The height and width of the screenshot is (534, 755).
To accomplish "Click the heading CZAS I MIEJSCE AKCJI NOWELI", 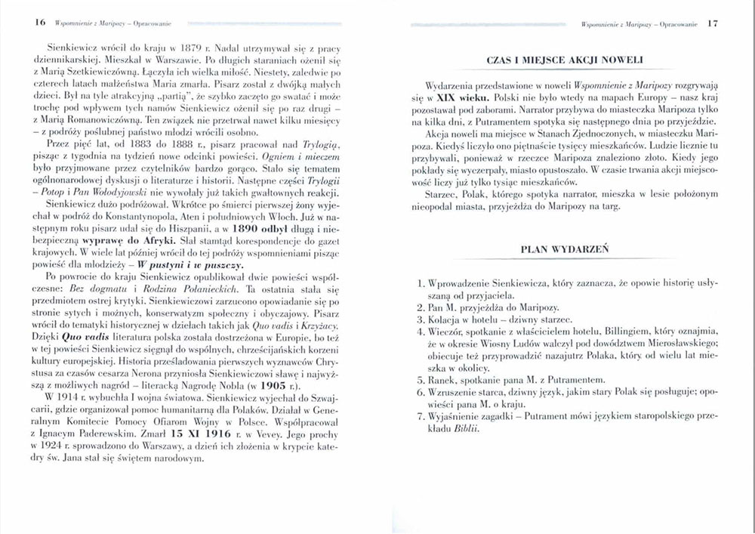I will pyautogui.click(x=565, y=60).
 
